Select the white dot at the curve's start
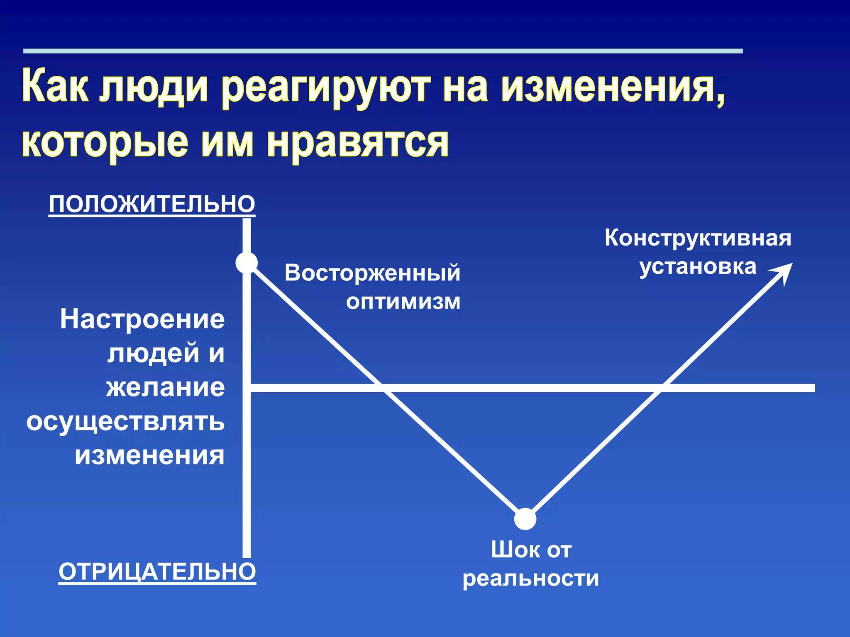coord(247,263)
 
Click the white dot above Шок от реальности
coord(525,519)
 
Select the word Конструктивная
coord(698,238)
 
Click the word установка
coord(698,266)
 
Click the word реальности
coord(531,578)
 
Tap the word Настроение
coord(142,319)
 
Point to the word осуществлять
coord(125,422)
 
